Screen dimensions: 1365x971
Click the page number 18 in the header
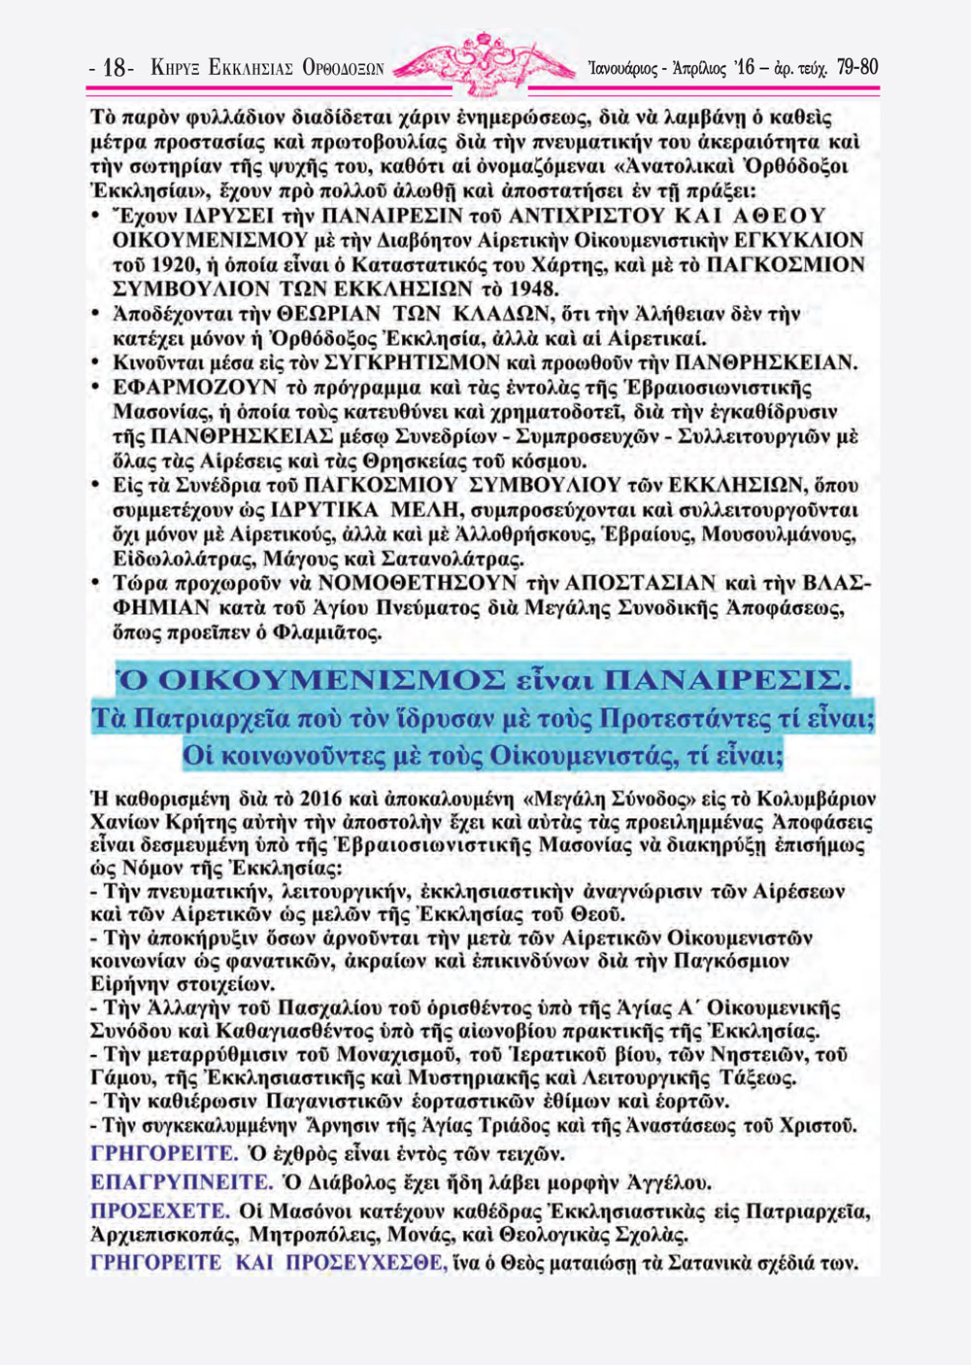(116, 68)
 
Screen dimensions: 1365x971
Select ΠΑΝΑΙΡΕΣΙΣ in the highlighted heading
(725, 680)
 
